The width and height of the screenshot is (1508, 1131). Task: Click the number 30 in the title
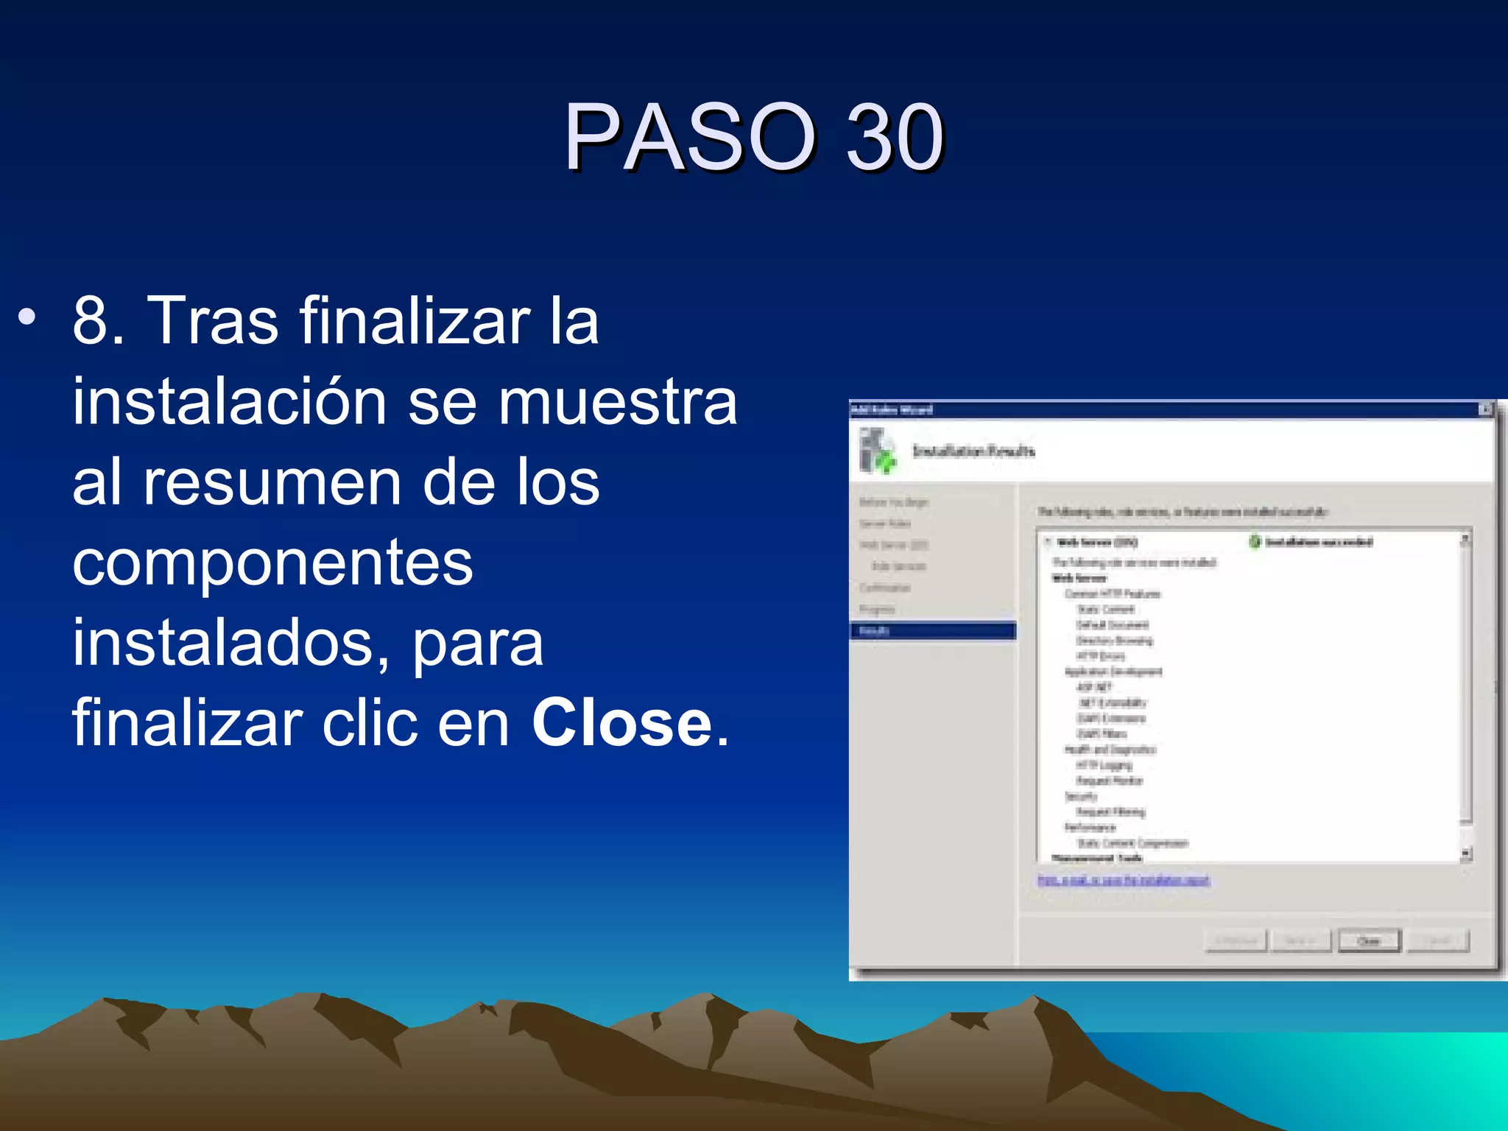tap(894, 137)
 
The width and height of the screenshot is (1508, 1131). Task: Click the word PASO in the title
tap(690, 137)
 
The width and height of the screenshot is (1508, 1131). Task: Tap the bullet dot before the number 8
tap(27, 318)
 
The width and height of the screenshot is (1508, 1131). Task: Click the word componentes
tap(272, 563)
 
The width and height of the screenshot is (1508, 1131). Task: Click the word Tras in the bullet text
tap(213, 321)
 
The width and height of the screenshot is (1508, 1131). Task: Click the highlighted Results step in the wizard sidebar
tap(932, 631)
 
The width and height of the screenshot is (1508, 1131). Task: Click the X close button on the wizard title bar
tap(1485, 409)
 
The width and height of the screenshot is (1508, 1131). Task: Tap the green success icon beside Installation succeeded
tap(1255, 542)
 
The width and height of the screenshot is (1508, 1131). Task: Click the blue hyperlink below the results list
tap(1123, 881)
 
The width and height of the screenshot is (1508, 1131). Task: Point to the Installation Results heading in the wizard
tap(973, 451)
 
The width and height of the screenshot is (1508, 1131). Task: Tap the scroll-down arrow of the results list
tap(1465, 854)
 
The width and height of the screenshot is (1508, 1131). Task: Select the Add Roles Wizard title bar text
tap(892, 409)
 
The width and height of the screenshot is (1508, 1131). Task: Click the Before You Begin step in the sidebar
tap(894, 502)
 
